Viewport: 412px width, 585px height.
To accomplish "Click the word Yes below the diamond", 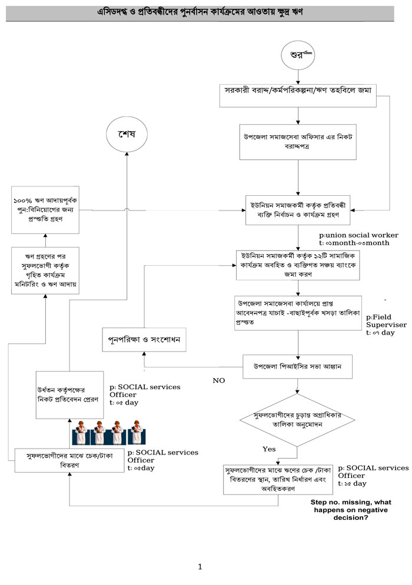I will pyautogui.click(x=269, y=449).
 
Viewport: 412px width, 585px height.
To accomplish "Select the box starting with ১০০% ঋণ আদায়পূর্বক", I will pyautogui.click(x=46, y=209).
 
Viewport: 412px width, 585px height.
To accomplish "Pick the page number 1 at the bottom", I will pyautogui.click(x=200, y=567).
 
